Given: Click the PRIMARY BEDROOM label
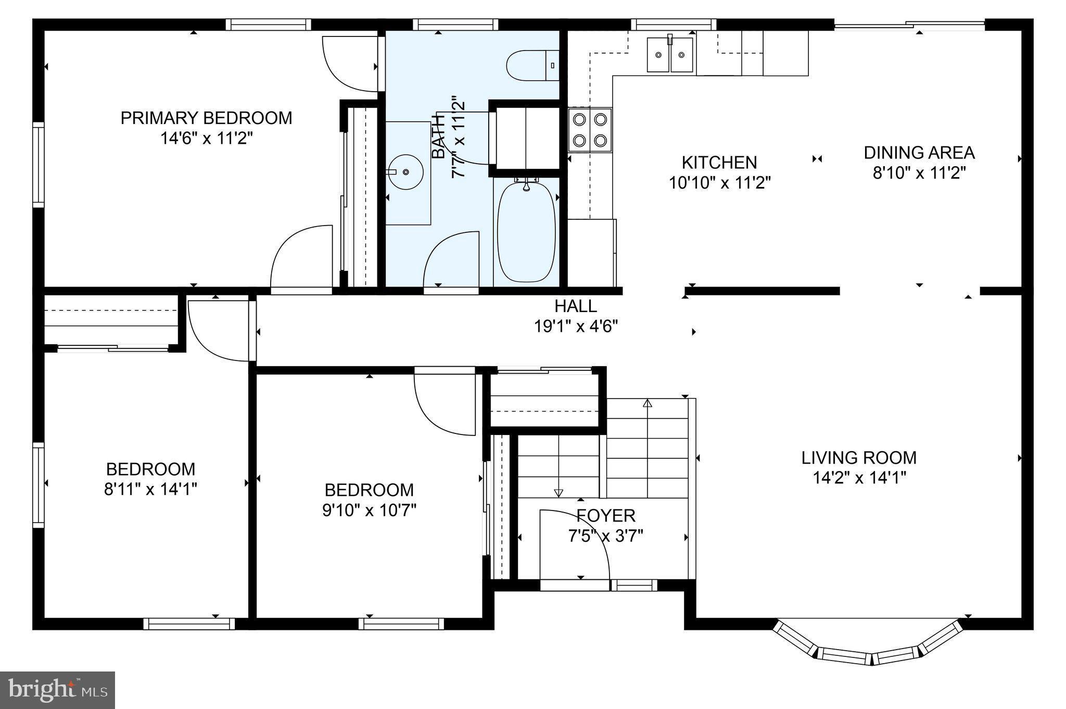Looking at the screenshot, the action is [x=206, y=118].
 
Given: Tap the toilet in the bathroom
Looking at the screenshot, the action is [x=532, y=65].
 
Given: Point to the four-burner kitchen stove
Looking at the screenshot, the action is [x=590, y=130].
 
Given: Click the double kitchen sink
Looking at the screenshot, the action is [x=670, y=54].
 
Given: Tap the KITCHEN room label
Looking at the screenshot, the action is [x=719, y=163].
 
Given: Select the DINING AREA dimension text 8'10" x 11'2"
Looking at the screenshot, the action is [x=919, y=173].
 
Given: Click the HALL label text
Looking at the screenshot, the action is [x=576, y=306].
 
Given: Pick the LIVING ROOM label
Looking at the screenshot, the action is [x=859, y=458].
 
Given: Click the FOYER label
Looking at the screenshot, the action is [x=606, y=516].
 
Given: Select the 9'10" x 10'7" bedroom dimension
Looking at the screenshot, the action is [x=370, y=510].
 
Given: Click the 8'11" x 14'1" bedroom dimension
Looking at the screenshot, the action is [x=151, y=489].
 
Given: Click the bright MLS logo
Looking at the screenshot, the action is [x=57, y=690].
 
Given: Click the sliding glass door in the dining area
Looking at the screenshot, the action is [x=909, y=24].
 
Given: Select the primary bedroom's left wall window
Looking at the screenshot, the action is [x=39, y=165].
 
